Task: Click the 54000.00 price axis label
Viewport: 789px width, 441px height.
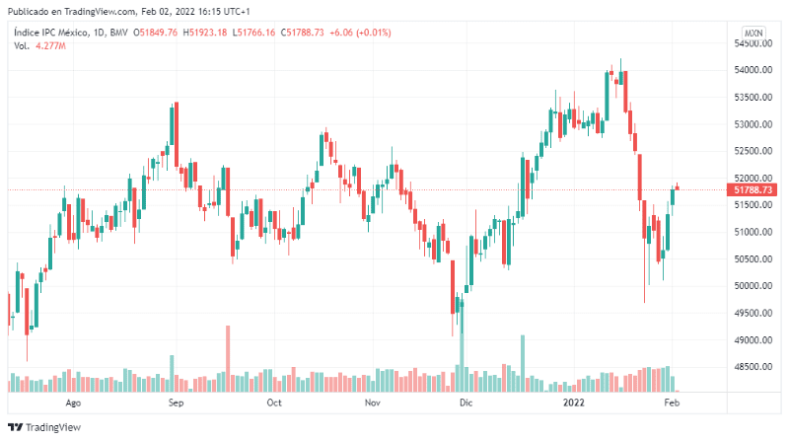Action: (752, 70)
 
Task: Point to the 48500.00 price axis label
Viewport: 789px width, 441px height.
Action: (752, 367)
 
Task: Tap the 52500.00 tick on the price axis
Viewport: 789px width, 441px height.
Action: (752, 151)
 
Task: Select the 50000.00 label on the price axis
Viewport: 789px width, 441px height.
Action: (752, 286)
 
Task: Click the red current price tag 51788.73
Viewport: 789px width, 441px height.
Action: (753, 189)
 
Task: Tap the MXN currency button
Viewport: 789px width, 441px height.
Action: (753, 33)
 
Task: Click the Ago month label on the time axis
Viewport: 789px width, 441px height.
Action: (72, 404)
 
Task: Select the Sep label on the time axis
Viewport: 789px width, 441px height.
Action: (176, 404)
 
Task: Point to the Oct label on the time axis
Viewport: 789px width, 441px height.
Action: (274, 404)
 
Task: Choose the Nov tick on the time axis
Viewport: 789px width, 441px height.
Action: (372, 404)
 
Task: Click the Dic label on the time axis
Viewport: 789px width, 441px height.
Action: (466, 404)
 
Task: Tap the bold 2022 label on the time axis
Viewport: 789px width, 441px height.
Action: (575, 404)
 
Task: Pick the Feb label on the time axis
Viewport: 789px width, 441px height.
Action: (672, 404)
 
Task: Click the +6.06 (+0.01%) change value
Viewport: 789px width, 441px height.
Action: (361, 33)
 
